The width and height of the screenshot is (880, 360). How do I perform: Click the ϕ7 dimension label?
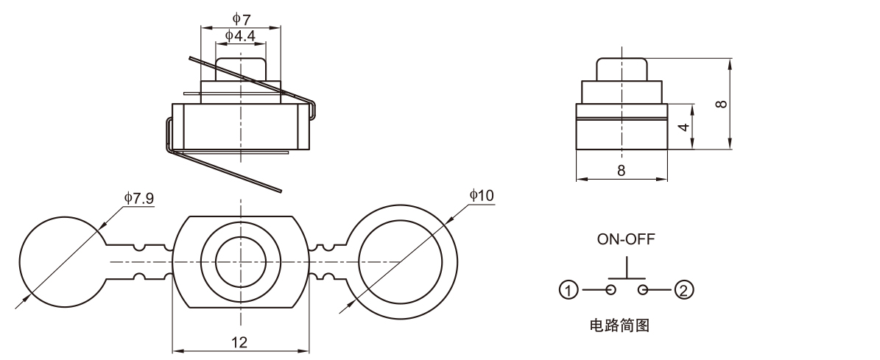tap(242, 18)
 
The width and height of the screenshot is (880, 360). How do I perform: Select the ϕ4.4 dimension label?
tap(240, 35)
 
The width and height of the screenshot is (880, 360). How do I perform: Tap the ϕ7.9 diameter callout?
tap(138, 197)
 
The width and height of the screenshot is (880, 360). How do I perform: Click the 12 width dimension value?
tap(239, 342)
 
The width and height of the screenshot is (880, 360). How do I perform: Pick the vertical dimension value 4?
tap(683, 127)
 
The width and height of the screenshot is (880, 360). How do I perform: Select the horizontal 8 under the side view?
tap(621, 170)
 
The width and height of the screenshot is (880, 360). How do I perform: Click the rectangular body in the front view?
tap(240, 127)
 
